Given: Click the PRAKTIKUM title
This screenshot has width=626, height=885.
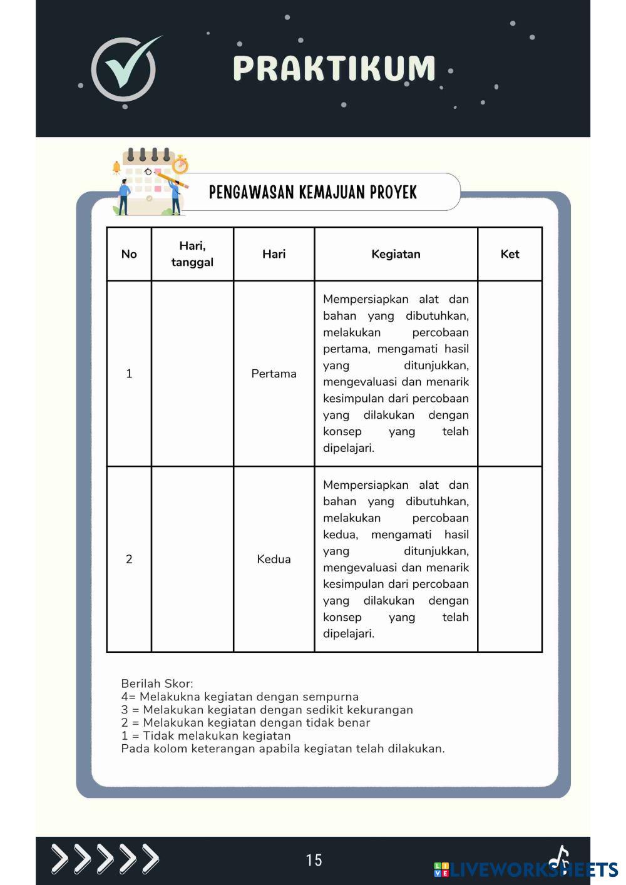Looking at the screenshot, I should click(334, 68).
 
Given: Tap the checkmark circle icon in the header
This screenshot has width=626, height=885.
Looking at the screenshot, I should click(124, 69).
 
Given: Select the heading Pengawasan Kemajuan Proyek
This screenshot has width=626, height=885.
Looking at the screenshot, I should click(312, 192).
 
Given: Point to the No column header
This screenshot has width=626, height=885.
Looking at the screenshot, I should click(129, 254).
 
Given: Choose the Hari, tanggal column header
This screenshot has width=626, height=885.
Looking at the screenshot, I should click(192, 254).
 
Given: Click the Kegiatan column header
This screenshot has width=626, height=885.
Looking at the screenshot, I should click(396, 254).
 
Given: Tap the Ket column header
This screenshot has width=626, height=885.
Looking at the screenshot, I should click(510, 254).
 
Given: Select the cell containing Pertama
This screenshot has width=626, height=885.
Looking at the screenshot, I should click(274, 374).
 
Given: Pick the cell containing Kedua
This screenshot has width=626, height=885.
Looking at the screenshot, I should click(274, 559).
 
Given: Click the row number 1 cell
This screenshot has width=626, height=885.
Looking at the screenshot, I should click(129, 374).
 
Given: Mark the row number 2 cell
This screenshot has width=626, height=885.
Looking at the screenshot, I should click(129, 559).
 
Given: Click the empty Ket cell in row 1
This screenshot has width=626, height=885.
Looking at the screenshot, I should click(510, 374).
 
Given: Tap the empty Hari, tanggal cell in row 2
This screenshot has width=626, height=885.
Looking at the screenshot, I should click(192, 559).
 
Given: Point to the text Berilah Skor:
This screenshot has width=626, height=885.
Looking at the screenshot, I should click(157, 683).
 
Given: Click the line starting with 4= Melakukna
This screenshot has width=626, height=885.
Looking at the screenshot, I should click(240, 697).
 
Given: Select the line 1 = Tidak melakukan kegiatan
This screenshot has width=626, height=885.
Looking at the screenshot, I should click(206, 735).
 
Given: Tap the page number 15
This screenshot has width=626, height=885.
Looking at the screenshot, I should click(314, 860).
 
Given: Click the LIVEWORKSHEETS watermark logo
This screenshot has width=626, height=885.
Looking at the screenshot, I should click(526, 869).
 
